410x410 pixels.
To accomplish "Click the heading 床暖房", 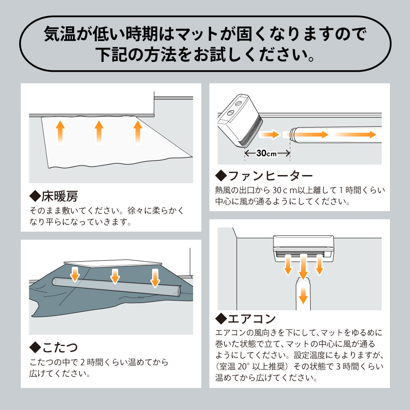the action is [x=59, y=196].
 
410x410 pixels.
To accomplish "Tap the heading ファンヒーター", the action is [x=270, y=175].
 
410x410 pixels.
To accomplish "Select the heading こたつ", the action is [x=60, y=347].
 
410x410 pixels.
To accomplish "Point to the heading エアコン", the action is [x=252, y=318].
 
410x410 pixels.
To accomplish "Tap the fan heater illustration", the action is [x=240, y=120].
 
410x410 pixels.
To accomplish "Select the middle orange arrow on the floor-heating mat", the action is [x=99, y=132].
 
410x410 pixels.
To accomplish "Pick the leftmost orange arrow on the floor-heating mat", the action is [x=60, y=132].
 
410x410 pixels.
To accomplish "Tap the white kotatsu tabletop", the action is [x=113, y=263].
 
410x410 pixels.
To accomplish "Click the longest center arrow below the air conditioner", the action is [x=303, y=267].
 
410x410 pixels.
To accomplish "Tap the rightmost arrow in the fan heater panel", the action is [x=355, y=134].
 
